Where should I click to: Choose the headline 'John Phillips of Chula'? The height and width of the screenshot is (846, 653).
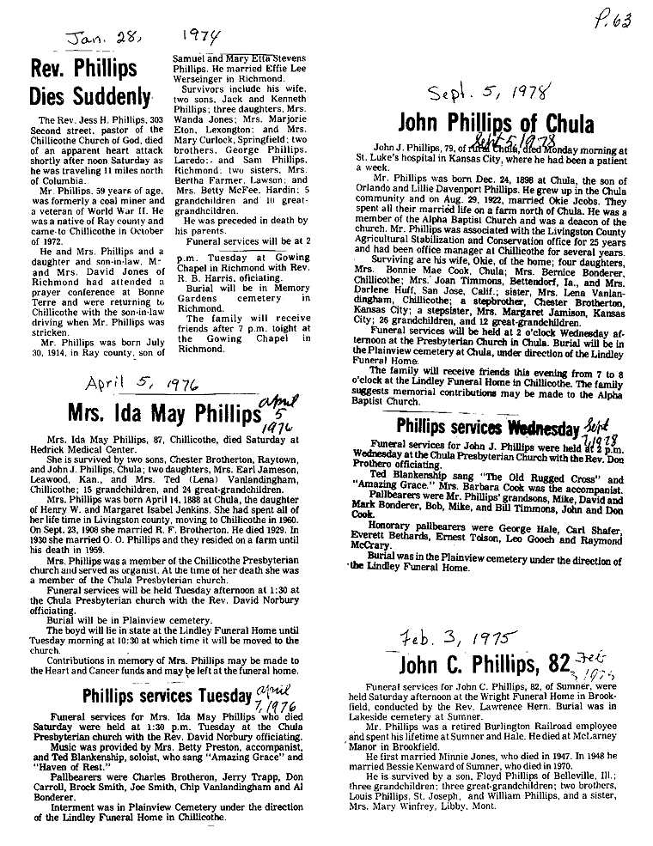pos(496,125)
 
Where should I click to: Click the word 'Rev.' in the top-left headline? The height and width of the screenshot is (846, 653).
pos(47,67)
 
